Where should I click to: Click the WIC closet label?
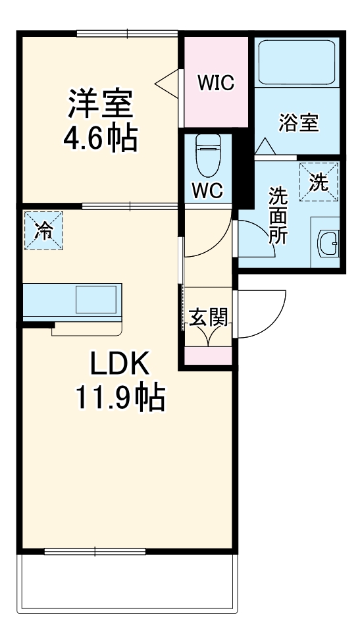217,83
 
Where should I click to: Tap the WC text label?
207,190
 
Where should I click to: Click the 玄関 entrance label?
209,318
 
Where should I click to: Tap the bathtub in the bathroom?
297,64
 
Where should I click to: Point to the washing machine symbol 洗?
319,182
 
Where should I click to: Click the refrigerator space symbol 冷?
44,230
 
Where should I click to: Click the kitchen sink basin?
95,300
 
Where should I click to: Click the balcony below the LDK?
126,583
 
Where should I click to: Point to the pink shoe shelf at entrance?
208,355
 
